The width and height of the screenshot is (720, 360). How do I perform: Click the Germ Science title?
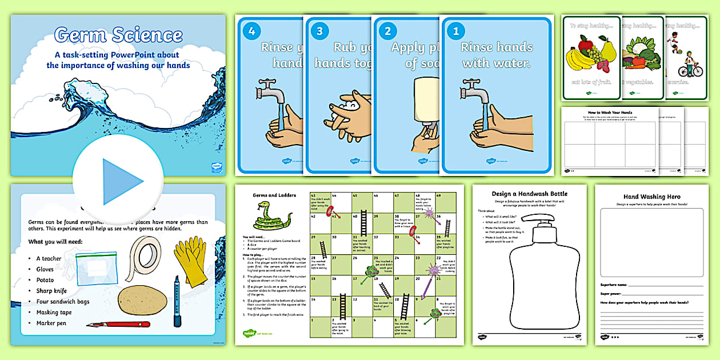(118, 35)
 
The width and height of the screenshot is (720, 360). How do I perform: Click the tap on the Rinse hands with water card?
(474, 91)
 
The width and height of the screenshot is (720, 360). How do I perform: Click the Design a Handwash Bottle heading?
(530, 194)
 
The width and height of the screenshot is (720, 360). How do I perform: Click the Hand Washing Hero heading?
(652, 197)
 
